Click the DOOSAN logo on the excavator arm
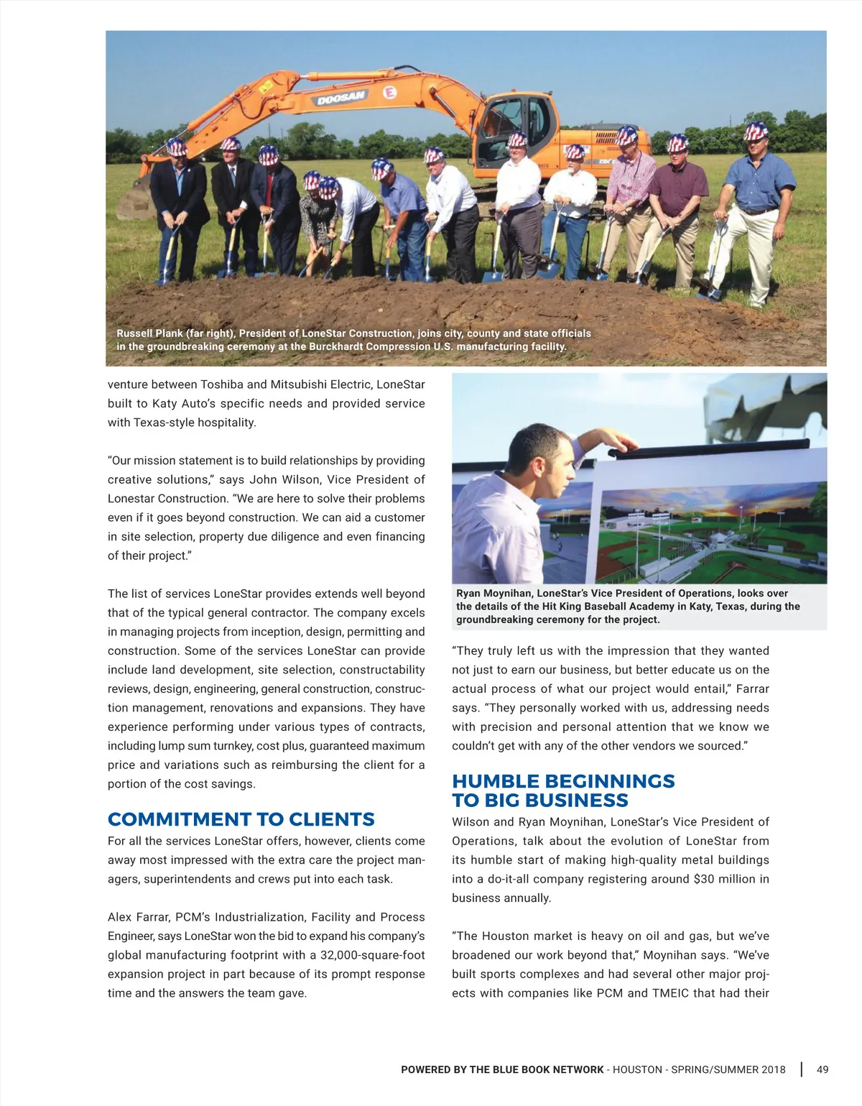point(342,97)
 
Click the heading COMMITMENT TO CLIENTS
point(241,819)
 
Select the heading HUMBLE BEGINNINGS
point(563,781)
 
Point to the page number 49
point(822,1069)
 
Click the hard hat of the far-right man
point(756,132)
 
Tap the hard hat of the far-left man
point(176,147)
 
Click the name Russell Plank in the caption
point(149,333)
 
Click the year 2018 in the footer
point(772,1069)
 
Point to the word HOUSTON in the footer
point(638,1069)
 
